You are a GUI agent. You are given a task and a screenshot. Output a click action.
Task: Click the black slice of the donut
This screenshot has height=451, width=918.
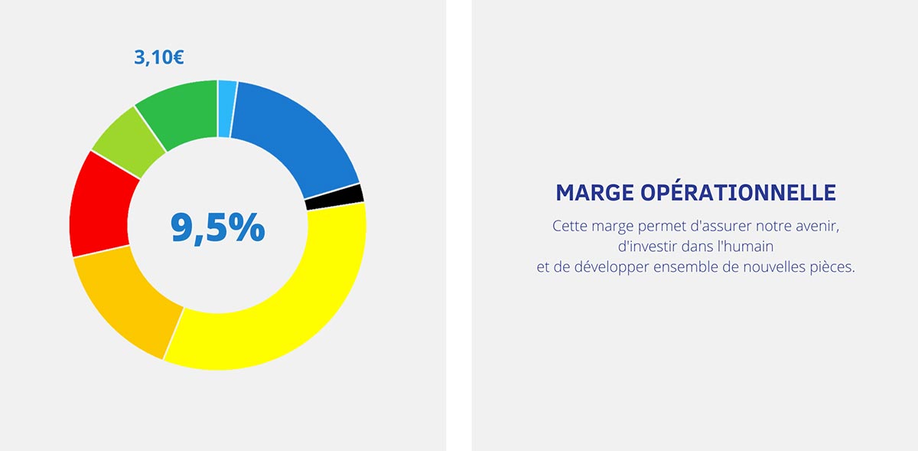click(x=335, y=198)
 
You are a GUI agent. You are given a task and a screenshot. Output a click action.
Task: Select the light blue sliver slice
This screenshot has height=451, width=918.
click(x=226, y=109)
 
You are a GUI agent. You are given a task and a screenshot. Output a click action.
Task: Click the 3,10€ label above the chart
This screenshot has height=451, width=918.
click(x=159, y=57)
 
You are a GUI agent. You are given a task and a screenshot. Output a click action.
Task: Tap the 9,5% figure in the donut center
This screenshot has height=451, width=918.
click(x=217, y=227)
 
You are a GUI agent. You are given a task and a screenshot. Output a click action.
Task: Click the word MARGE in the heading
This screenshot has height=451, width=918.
click(x=594, y=192)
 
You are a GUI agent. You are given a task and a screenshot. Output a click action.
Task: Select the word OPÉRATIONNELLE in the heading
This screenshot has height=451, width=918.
click(x=738, y=191)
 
